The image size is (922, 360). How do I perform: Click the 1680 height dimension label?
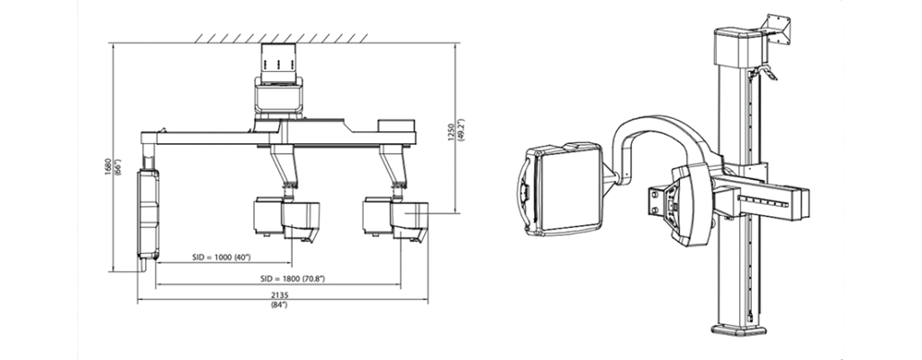coord(108,167)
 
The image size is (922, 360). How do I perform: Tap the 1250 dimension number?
coord(451,133)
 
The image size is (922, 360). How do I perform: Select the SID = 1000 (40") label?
coord(221,257)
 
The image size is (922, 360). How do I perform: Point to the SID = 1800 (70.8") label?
coord(293,279)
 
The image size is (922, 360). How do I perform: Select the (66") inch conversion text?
coord(118,167)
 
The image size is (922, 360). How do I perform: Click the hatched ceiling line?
coord(281,39)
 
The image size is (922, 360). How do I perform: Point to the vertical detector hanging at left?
coord(149,215)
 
